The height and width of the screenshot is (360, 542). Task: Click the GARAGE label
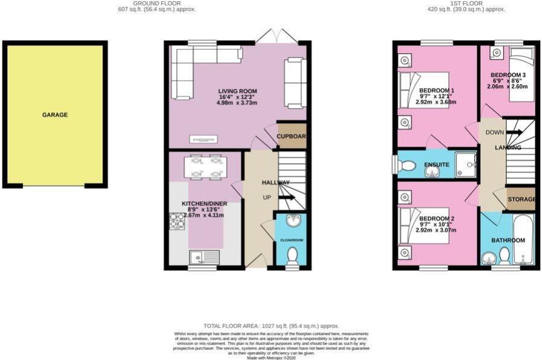55,115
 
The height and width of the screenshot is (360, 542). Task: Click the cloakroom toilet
292,256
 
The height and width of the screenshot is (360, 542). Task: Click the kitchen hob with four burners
177,222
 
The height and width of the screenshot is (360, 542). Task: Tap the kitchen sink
203,259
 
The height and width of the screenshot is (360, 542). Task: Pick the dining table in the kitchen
205,167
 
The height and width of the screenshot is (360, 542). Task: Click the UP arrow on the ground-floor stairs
286,197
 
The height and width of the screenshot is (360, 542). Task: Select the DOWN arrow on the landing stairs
514,132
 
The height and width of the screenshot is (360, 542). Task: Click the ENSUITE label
436,165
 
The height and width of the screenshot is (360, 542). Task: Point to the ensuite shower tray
466,164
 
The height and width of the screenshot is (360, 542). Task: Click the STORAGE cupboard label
521,199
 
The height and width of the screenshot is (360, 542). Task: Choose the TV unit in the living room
203,140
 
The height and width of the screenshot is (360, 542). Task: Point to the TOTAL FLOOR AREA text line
271,326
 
